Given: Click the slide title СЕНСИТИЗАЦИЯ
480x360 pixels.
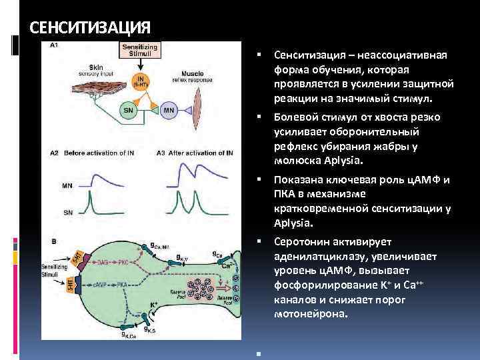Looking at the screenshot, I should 91,28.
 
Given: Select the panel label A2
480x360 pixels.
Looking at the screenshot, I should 55,153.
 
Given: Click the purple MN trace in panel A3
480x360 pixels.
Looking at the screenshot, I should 193,177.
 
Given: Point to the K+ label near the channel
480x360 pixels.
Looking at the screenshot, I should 153,303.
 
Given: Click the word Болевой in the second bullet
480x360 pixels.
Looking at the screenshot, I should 295,117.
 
